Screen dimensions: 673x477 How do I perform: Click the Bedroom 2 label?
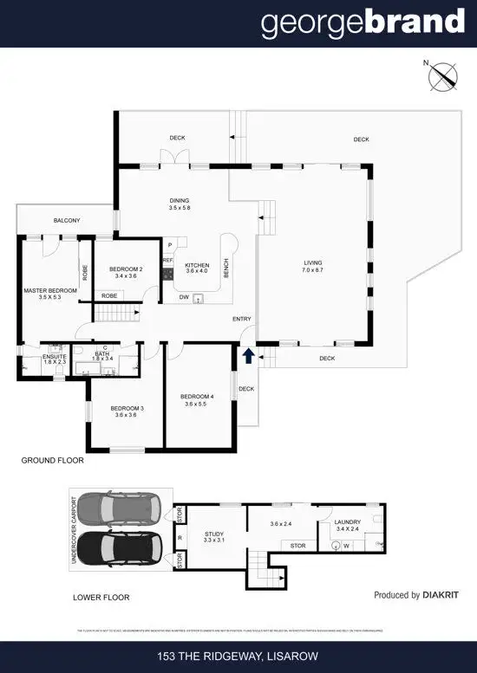pyautogui.click(x=127, y=269)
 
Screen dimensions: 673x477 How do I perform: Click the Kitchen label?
pyautogui.click(x=197, y=264)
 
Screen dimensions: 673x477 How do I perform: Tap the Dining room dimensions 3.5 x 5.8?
pyautogui.click(x=180, y=209)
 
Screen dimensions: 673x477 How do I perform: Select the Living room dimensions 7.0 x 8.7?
pyautogui.click(x=313, y=271)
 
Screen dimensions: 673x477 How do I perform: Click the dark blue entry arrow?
pyautogui.click(x=250, y=353)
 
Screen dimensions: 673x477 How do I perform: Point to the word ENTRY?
pyautogui.click(x=242, y=320)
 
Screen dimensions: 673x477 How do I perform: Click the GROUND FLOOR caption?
pyautogui.click(x=52, y=461)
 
